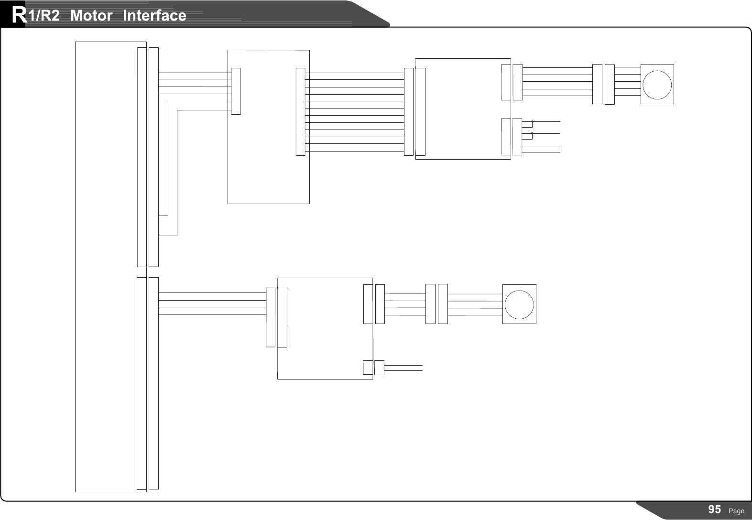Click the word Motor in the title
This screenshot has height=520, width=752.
[91, 16]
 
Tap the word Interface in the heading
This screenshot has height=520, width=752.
[154, 16]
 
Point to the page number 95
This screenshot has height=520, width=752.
[714, 509]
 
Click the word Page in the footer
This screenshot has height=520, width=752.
[736, 511]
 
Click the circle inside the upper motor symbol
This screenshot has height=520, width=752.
[657, 84]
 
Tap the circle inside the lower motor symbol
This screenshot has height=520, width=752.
[519, 304]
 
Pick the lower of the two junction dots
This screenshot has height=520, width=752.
[532, 134]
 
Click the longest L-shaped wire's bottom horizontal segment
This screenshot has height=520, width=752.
[167, 236]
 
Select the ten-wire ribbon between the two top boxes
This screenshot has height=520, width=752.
[354, 112]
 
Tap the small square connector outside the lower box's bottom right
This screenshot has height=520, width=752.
[379, 368]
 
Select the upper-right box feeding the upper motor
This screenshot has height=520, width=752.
[463, 109]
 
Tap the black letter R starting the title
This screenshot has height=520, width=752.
[19, 15]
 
